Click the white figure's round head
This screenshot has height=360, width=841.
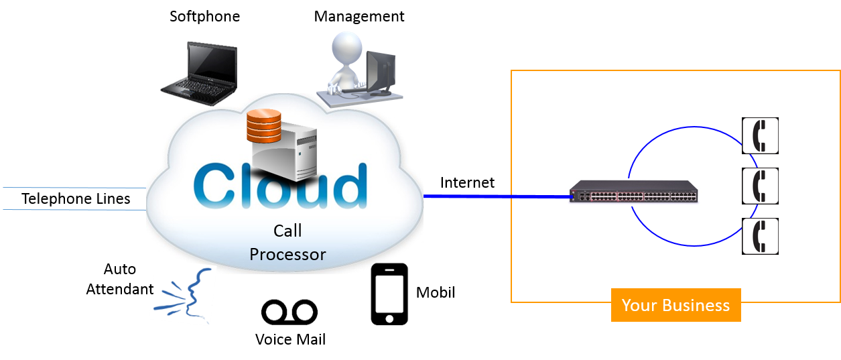(x=346, y=48)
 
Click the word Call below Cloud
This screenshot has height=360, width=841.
(x=287, y=231)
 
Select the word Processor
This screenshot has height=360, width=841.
(x=287, y=255)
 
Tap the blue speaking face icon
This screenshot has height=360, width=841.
(x=183, y=297)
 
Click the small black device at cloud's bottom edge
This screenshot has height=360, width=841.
(x=389, y=269)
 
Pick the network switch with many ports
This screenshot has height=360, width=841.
(x=634, y=192)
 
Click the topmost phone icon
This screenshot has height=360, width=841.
(x=761, y=136)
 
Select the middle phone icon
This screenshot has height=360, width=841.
(x=761, y=186)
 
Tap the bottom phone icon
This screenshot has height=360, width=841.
(x=761, y=236)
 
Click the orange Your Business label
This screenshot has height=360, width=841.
(x=675, y=305)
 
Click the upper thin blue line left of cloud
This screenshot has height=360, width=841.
(x=74, y=188)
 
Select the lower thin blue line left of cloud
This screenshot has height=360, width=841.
(x=74, y=210)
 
